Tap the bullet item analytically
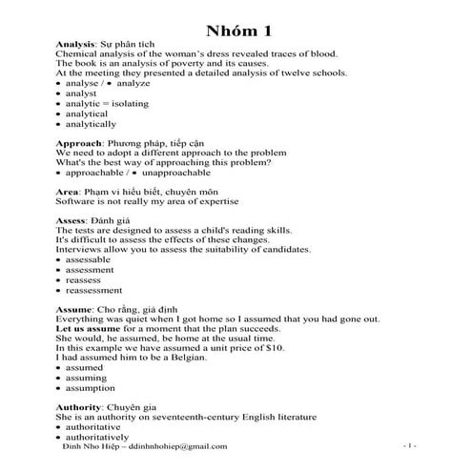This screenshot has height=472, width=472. point(92,123)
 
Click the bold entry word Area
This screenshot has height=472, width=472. point(66,192)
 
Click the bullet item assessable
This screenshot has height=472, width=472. point(90,259)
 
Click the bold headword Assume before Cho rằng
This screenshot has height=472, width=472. point(74,309)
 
